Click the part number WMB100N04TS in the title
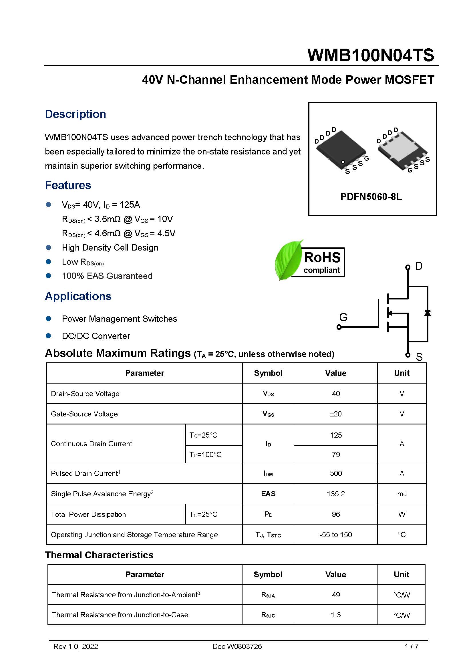tap(370, 55)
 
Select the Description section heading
tap(75, 114)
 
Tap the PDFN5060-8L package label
tap(371, 197)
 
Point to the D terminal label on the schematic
tap(419, 266)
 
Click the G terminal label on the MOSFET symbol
tap(343, 317)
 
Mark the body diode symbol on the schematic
tap(427, 313)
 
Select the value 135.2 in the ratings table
tap(335, 494)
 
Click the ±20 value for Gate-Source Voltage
tap(335, 414)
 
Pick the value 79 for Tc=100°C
tap(335, 454)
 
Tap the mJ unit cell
tap(402, 494)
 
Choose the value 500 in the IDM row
tap(335, 473)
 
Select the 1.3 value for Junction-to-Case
tap(335, 615)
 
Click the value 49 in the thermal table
tap(335, 595)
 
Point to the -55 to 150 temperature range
tap(335, 535)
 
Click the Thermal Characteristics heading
tap(99, 555)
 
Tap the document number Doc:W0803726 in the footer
tap(237, 647)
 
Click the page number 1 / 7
tap(411, 647)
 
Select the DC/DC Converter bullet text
tap(96, 336)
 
